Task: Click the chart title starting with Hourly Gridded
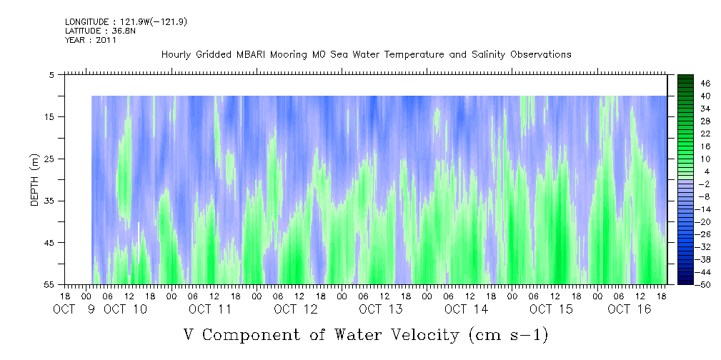[366, 54]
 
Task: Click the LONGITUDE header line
[126, 22]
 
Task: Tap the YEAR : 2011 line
[91, 41]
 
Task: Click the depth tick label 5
[51, 74]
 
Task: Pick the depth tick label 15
[49, 116]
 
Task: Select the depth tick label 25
[49, 159]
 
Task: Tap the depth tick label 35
[49, 201]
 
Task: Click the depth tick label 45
[49, 243]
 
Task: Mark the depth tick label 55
[49, 285]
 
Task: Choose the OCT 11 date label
[210, 309]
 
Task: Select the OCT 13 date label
[381, 309]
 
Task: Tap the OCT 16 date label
[629, 309]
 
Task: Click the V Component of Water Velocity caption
[366, 334]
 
